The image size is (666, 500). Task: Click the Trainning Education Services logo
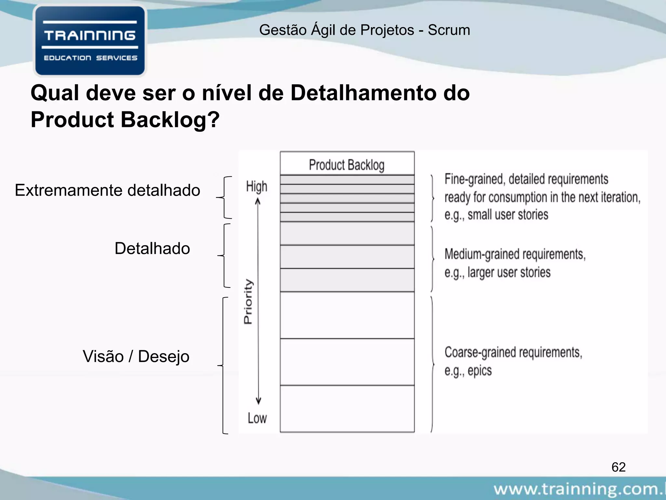[90, 41]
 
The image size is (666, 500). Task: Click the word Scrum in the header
[449, 30]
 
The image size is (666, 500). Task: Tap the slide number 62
[619, 467]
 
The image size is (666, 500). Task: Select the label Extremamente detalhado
[107, 190]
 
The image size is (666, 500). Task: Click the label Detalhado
[152, 249]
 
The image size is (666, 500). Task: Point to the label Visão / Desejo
[136, 356]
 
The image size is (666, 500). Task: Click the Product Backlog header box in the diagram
[347, 164]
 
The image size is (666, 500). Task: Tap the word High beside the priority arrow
[257, 187]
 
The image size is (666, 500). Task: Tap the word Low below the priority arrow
[257, 418]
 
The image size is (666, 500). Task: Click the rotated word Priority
[248, 301]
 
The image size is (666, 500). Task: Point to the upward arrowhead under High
[258, 201]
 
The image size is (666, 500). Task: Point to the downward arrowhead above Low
[258, 401]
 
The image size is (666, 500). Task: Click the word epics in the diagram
[479, 371]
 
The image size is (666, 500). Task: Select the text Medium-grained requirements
[515, 254]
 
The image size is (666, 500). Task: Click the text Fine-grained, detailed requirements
[526, 179]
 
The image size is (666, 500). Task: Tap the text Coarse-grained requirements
[513, 353]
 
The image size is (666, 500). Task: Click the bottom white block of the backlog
[347, 409]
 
